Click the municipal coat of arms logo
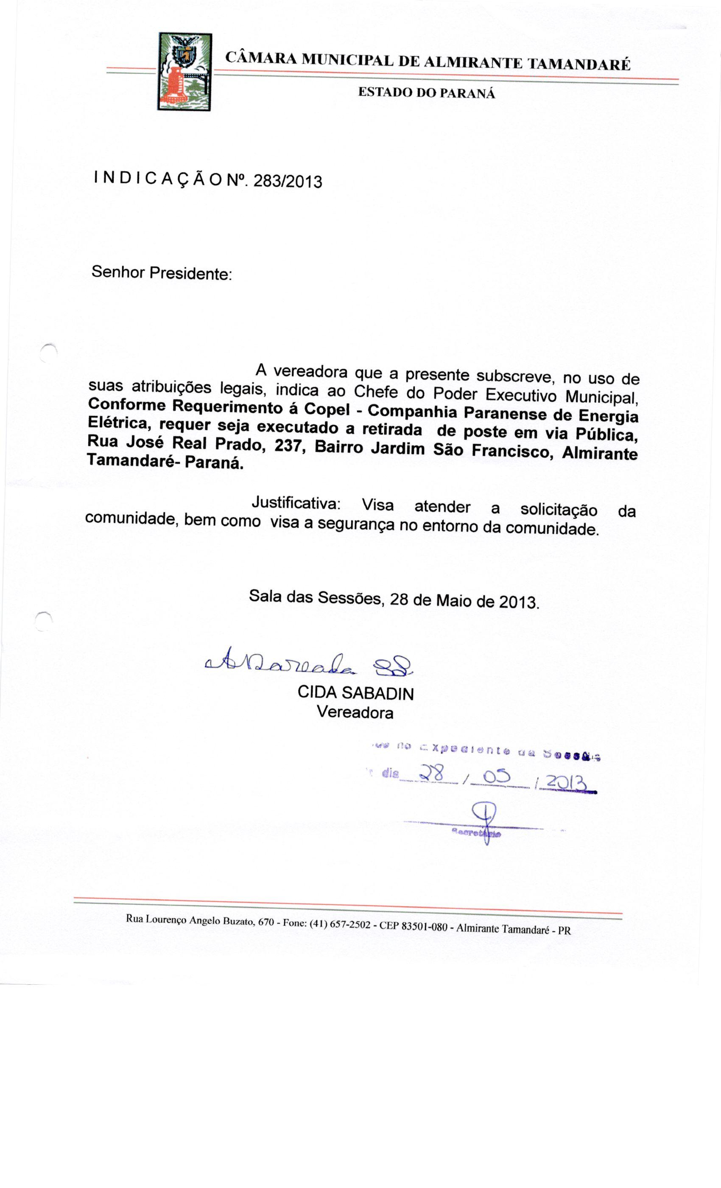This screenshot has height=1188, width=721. point(185,71)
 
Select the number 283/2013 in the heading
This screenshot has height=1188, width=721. point(287,181)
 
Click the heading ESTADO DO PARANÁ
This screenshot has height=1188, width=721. point(427,92)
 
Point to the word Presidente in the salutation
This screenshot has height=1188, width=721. point(190,273)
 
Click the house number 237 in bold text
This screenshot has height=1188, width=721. point(289,446)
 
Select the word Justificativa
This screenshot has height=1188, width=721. point(296,503)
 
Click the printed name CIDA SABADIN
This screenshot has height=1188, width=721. point(356,693)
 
